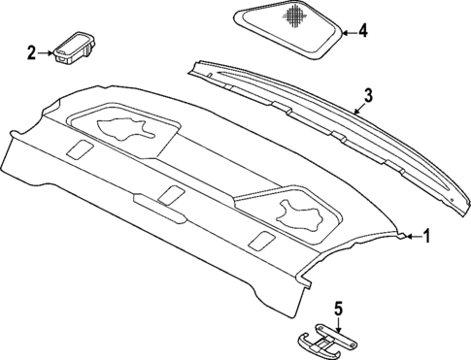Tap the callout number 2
[32, 52]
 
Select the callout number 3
[368, 95]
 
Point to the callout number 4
[362, 32]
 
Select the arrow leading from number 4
[347, 32]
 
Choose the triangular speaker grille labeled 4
[286, 29]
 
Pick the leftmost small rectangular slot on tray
[80, 150]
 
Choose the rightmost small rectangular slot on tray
[261, 240]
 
